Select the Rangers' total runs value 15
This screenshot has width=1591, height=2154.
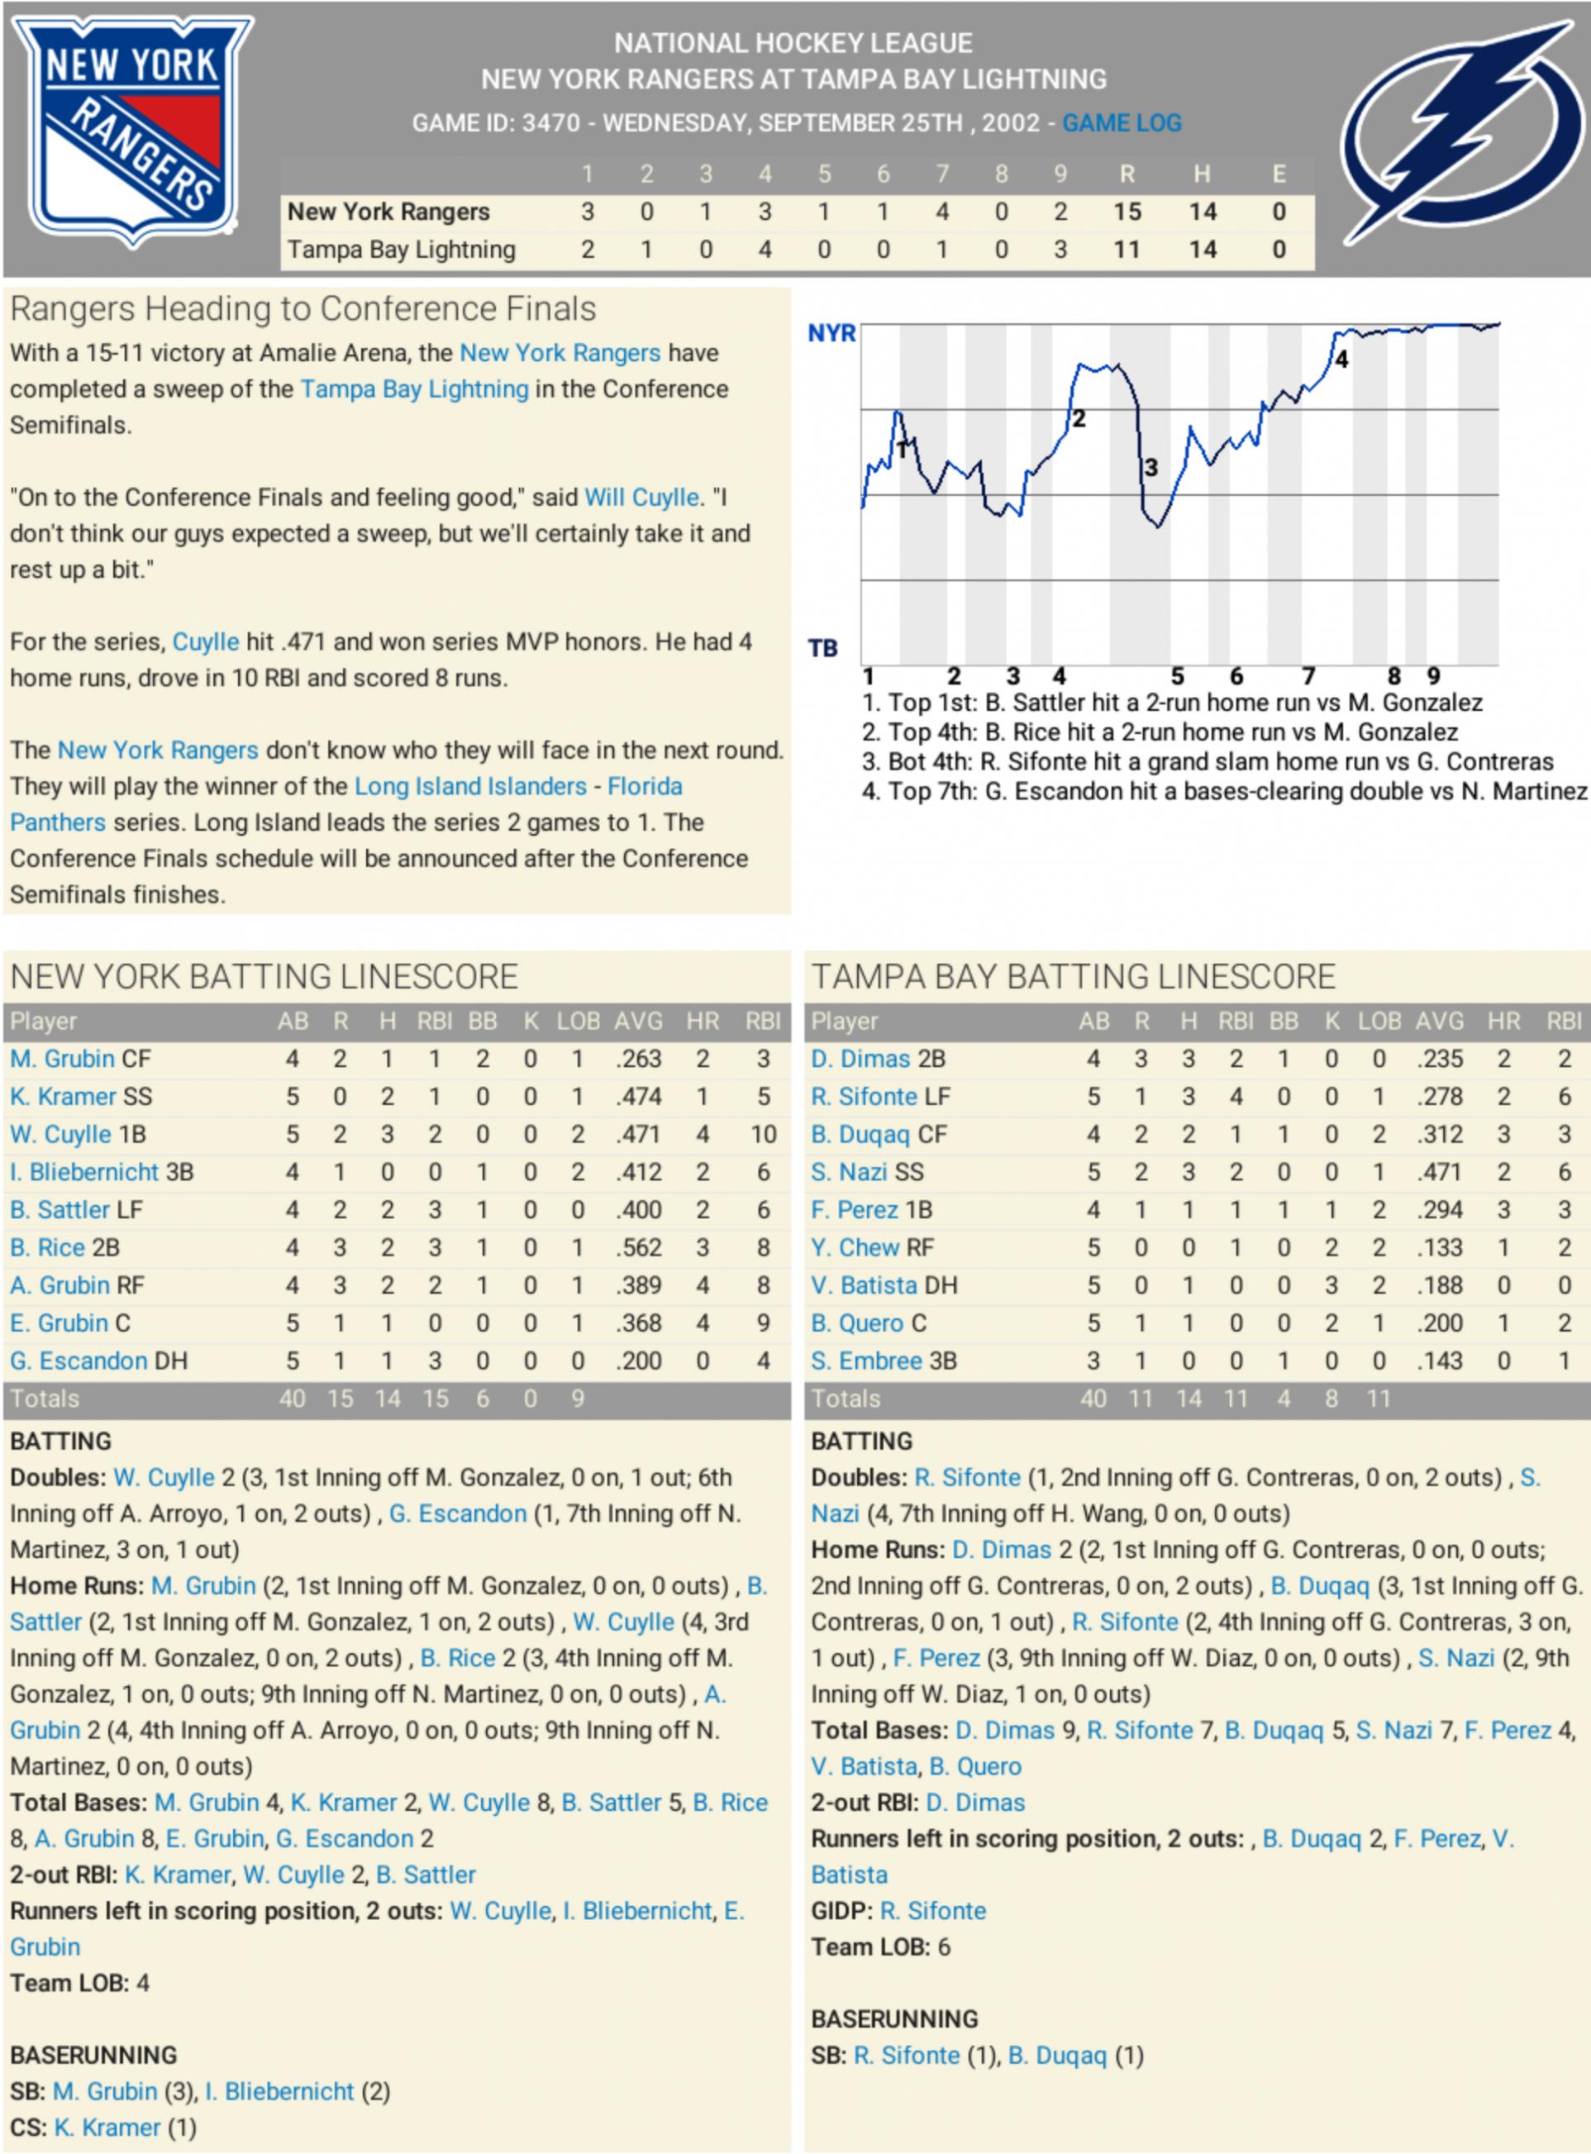tap(1127, 212)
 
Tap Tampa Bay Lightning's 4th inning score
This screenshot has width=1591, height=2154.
tap(765, 250)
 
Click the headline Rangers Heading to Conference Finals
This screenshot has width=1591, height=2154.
tap(302, 309)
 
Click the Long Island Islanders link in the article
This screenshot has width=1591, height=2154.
tap(470, 787)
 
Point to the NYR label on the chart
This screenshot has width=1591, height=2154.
tap(831, 334)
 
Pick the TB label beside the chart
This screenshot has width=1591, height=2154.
tap(822, 649)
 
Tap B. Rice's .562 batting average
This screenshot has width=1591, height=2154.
tap(637, 1248)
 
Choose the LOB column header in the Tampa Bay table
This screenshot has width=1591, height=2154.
tap(1379, 1022)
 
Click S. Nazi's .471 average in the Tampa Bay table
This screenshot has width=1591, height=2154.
tap(1439, 1173)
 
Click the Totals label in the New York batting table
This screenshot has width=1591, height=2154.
tap(45, 1399)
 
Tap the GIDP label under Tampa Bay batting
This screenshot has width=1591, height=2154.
tap(841, 1911)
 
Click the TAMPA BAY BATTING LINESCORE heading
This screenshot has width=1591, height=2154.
tap(1073, 977)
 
